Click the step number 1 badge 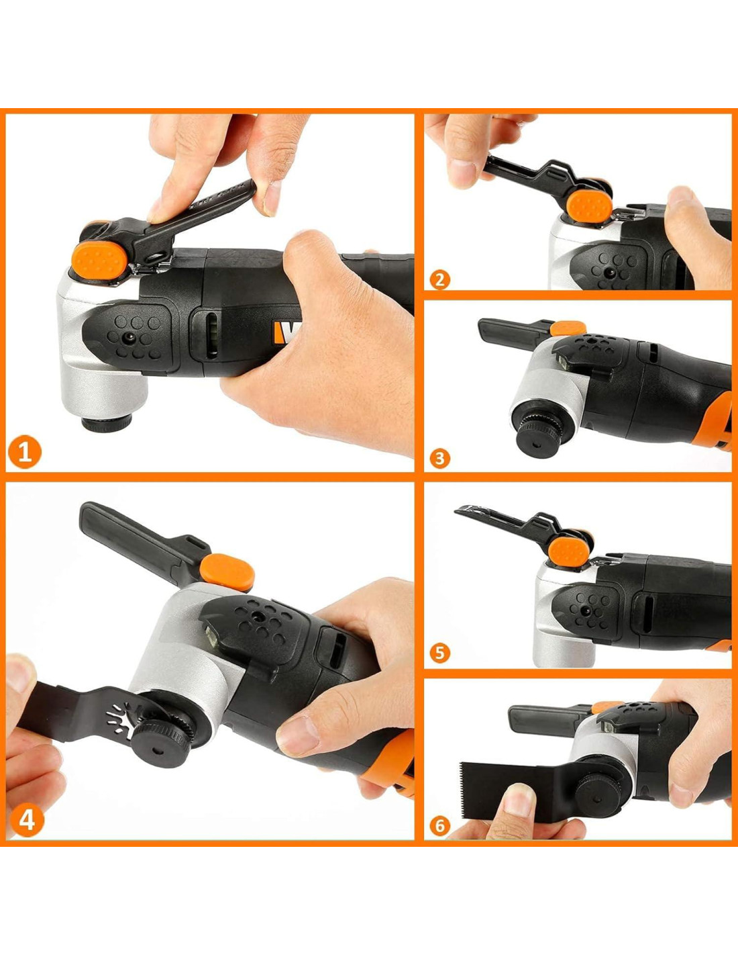(x=25, y=452)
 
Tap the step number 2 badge (x=440, y=279)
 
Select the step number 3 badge (x=440, y=459)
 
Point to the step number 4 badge (x=27, y=820)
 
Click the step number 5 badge (x=440, y=653)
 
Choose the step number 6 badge (x=440, y=826)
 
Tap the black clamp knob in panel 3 (x=538, y=441)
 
